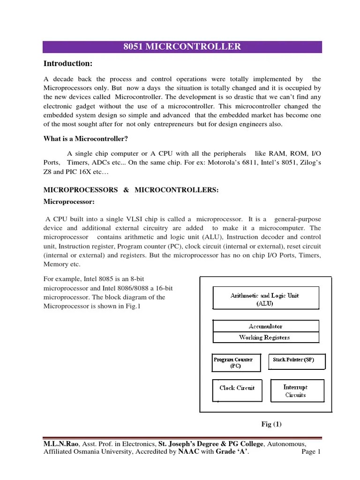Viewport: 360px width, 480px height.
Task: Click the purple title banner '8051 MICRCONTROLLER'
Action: (x=182, y=47)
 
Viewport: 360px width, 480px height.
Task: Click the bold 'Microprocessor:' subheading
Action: (x=69, y=202)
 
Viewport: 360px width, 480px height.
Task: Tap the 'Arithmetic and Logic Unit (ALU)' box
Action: (x=266, y=299)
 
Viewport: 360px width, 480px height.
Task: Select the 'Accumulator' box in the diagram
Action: (x=266, y=326)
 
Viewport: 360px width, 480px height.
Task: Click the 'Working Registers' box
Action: (x=266, y=337)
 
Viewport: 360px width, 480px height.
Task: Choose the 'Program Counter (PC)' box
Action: (x=233, y=363)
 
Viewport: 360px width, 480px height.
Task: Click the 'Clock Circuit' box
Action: (x=237, y=388)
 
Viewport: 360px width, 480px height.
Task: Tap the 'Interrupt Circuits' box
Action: (x=295, y=391)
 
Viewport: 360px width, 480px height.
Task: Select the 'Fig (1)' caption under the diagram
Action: (x=271, y=424)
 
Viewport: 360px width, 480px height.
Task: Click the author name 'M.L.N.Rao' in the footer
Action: (x=59, y=444)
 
